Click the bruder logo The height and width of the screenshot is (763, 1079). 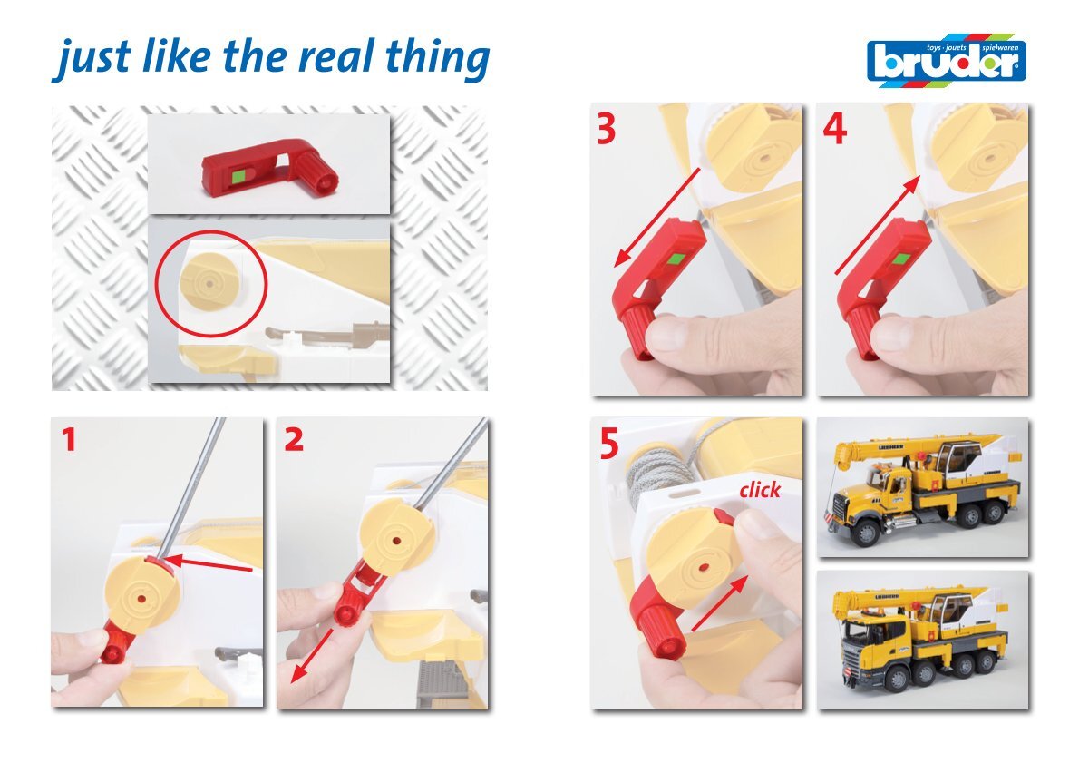pyautogui.click(x=947, y=61)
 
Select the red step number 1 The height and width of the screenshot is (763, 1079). pyautogui.click(x=68, y=440)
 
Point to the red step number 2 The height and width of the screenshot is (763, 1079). pyautogui.click(x=294, y=440)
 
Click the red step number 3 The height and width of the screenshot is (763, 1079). pyautogui.click(x=607, y=129)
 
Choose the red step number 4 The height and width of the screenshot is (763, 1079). pyautogui.click(x=835, y=129)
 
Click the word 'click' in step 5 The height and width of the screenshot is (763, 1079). pyautogui.click(x=760, y=490)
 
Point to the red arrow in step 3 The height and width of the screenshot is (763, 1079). pyautogui.click(x=657, y=217)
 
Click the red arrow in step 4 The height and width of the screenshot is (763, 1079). pyautogui.click(x=878, y=225)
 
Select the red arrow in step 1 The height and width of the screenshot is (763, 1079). pyautogui.click(x=209, y=564)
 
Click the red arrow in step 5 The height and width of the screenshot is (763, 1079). pyautogui.click(x=720, y=603)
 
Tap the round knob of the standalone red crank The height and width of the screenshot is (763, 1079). pyautogui.click(x=317, y=175)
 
